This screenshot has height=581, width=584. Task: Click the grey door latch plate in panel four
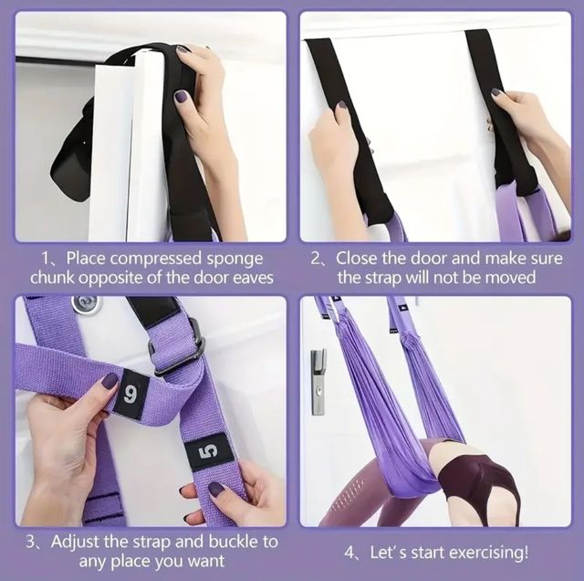click(x=317, y=380)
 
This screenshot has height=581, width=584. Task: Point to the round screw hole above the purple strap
click(x=87, y=304)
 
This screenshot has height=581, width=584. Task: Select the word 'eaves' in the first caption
click(x=252, y=277)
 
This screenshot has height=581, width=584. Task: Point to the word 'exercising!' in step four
click(x=490, y=553)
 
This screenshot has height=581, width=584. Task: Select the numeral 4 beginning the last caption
click(x=349, y=553)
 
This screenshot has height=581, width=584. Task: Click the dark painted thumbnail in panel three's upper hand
click(x=109, y=379)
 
